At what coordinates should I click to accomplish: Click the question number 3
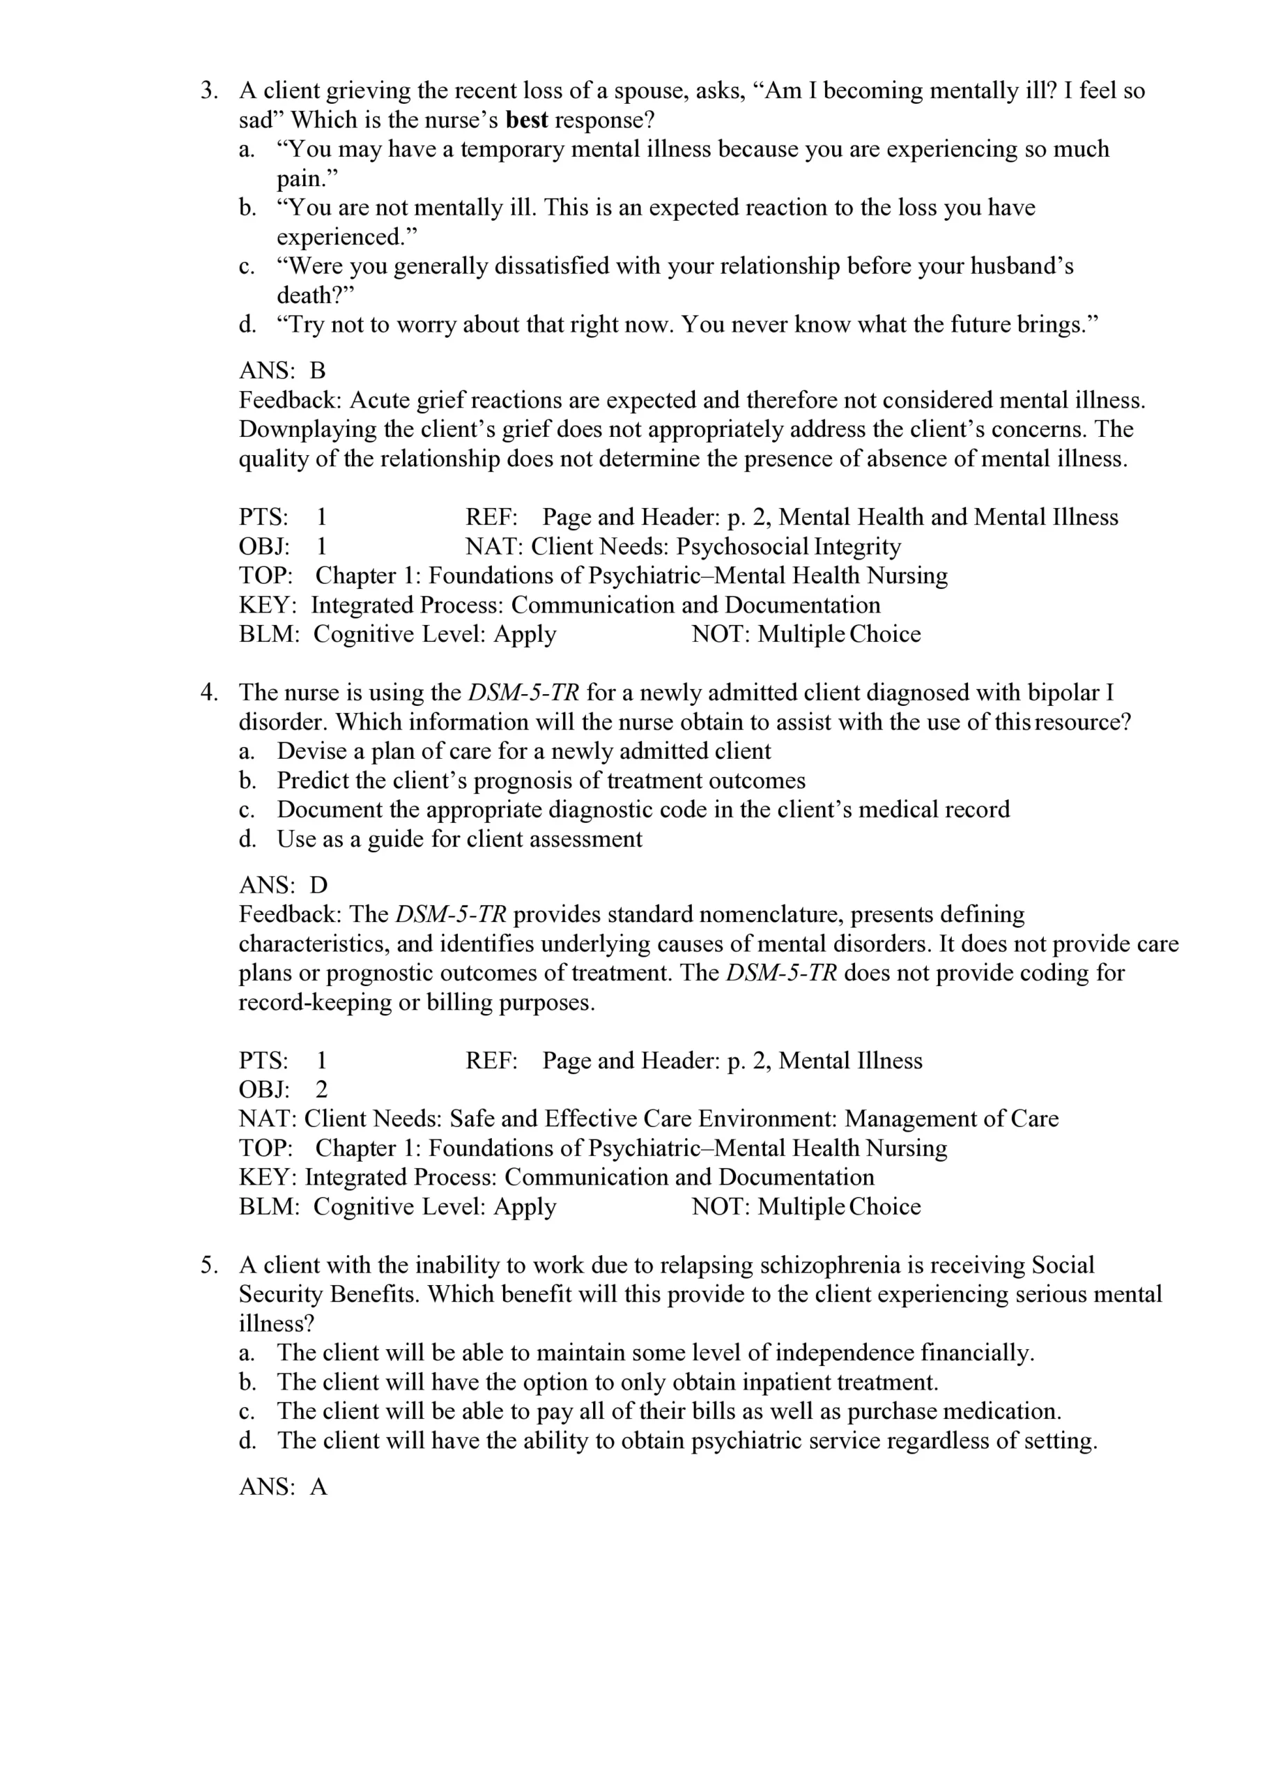(x=208, y=91)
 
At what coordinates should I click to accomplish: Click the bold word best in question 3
(x=526, y=121)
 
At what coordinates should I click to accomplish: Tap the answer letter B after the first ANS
(x=317, y=371)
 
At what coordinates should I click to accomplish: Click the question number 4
(x=208, y=693)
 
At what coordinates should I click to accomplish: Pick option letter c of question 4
(x=247, y=810)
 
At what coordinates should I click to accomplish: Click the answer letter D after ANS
(x=318, y=885)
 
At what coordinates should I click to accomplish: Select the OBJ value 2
(x=322, y=1090)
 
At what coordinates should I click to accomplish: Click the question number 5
(x=208, y=1266)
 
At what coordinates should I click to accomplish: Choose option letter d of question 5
(x=247, y=1441)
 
